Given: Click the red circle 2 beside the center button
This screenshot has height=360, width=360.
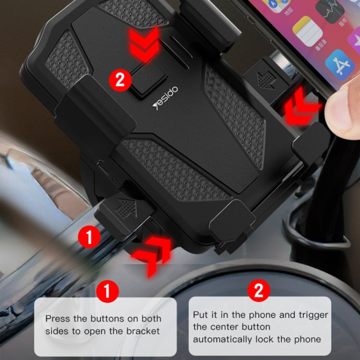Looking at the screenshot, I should pyautogui.click(x=120, y=79).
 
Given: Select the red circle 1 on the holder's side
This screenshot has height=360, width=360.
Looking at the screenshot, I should pyautogui.click(x=89, y=237).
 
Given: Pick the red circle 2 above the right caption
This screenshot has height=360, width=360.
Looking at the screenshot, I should pyautogui.click(x=259, y=290).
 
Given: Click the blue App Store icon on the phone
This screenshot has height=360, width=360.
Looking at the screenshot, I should pyautogui.click(x=340, y=65).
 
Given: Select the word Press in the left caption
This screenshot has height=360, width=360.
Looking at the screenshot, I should pyautogui.click(x=57, y=318).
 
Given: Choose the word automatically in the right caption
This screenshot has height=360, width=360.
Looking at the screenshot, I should pyautogui.click(x=224, y=339).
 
